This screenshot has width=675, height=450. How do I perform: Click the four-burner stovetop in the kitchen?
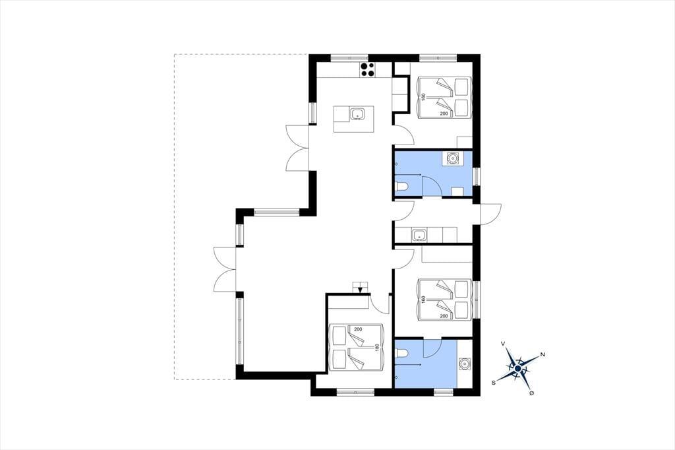367,70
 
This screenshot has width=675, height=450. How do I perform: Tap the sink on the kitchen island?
357,114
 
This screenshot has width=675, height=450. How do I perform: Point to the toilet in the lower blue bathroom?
401,354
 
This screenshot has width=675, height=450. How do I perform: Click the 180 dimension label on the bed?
377,347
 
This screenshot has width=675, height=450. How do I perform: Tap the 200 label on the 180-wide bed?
358,329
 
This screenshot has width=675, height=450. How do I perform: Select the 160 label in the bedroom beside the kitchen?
423,98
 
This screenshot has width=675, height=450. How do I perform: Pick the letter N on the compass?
543,354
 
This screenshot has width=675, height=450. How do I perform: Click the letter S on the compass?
494,382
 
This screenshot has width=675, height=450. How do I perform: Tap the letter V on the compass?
503,344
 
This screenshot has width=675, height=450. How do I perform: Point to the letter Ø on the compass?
532,393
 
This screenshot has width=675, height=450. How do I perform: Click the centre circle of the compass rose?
518,369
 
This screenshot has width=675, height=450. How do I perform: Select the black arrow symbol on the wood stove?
361,289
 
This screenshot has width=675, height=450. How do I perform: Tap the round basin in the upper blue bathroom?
453,158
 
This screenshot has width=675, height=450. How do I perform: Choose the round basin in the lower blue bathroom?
465,364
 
